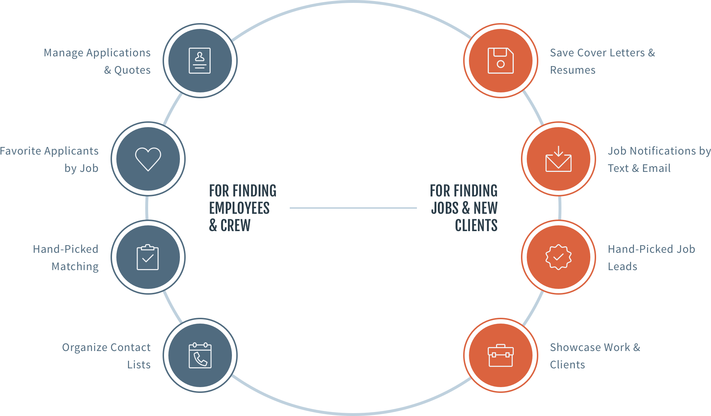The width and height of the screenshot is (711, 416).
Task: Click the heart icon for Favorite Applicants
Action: pos(148,159)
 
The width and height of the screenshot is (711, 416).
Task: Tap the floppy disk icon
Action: pos(500,61)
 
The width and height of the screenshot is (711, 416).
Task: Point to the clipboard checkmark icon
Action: pos(148,257)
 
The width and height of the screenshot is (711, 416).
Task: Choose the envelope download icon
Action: pos(558,159)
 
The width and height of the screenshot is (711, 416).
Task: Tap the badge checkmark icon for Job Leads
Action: pos(558,257)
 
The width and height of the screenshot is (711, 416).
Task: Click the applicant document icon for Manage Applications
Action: pos(200,61)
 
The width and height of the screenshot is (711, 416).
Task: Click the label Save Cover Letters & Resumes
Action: pos(602,61)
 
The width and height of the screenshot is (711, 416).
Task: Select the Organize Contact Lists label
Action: pos(106,356)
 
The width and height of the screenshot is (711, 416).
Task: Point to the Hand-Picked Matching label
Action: pos(66,258)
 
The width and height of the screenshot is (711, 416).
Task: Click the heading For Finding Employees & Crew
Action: pos(242,208)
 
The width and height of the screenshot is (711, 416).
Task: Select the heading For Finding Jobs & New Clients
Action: pos(464,208)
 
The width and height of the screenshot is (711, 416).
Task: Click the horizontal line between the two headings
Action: pos(353,208)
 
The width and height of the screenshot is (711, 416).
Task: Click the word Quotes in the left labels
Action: pos(132,70)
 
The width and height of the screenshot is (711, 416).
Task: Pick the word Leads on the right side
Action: pos(622,266)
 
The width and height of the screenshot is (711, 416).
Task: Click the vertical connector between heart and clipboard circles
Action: pos(147,208)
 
